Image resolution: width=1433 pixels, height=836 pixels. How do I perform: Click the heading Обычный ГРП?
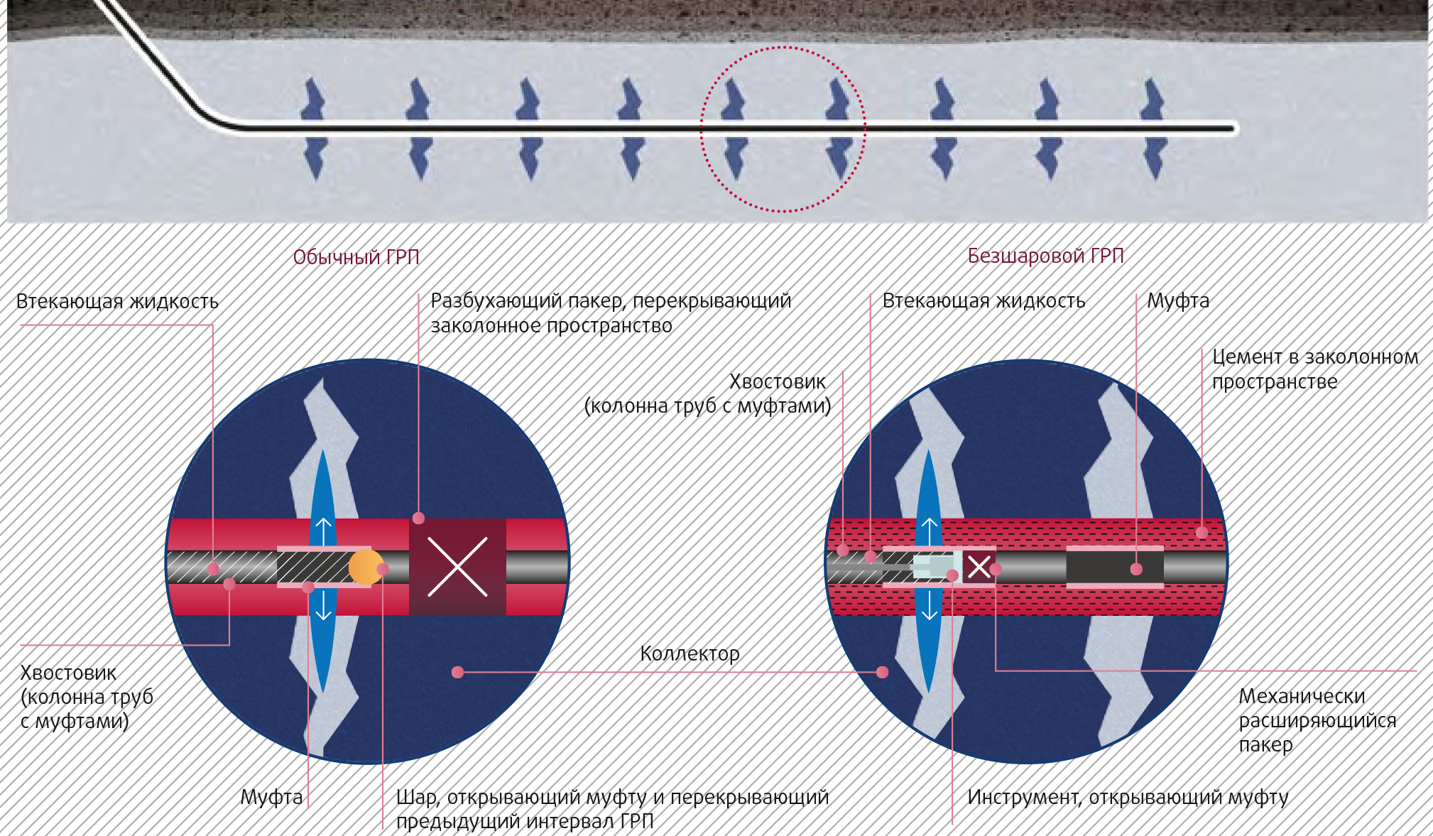(356, 257)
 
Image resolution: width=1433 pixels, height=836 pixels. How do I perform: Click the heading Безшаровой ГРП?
(1045, 256)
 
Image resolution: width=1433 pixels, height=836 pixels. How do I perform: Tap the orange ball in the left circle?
(365, 567)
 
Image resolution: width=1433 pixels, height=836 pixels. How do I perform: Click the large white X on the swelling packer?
(457, 567)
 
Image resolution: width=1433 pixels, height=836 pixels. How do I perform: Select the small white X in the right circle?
(979, 567)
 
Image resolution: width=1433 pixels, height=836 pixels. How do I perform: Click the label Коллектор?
(690, 653)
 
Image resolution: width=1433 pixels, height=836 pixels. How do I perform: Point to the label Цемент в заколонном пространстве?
(1314, 369)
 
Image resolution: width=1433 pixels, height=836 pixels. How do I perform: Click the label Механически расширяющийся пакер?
(1317, 720)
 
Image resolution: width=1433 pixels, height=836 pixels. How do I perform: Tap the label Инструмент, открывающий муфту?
(1128, 797)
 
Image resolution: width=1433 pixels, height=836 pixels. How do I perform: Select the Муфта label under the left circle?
(271, 797)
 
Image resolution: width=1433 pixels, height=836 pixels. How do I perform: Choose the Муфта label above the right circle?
(1178, 301)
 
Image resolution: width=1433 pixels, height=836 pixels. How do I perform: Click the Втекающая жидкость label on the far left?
(117, 302)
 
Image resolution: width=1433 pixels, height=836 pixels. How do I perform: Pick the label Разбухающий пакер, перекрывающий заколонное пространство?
(611, 313)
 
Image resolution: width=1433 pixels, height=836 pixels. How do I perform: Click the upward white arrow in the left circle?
(324, 530)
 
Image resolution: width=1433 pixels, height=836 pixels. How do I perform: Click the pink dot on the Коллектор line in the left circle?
(458, 672)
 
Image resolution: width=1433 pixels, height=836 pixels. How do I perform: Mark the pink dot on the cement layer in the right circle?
(1202, 532)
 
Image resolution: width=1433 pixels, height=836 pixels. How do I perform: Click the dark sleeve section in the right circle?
(1115, 568)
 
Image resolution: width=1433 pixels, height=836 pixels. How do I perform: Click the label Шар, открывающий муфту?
(612, 809)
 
